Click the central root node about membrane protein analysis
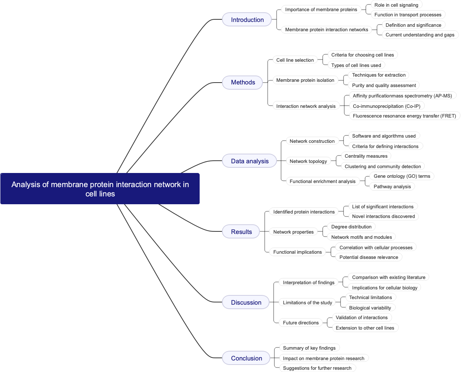(x=100, y=189)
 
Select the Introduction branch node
(x=247, y=20)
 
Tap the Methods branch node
(x=243, y=82)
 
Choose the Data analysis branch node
(x=249, y=161)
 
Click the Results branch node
(x=241, y=232)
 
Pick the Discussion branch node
(x=246, y=302)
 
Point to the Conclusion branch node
(x=246, y=358)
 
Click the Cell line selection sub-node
(x=295, y=60)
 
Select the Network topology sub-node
(x=308, y=161)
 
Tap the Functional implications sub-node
(x=297, y=252)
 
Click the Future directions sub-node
(x=301, y=323)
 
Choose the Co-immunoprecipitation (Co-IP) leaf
(x=386, y=106)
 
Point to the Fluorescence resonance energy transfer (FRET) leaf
(x=404, y=116)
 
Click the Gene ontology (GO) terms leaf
(x=402, y=176)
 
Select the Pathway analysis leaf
(x=392, y=186)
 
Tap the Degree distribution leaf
(x=351, y=227)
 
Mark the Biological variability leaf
(x=370, y=308)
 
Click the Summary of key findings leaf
(x=309, y=348)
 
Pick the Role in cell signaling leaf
(x=396, y=5)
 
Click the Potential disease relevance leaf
(x=368, y=257)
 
